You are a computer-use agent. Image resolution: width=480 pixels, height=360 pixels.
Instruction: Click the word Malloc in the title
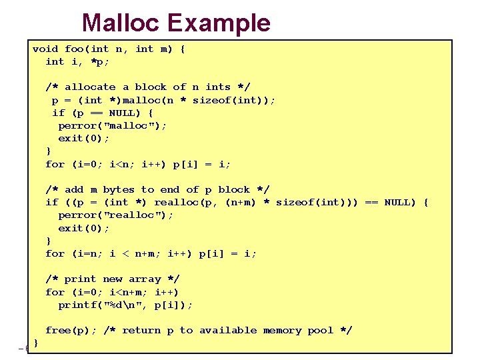tap(121, 23)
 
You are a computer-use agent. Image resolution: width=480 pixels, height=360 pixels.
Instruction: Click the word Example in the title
tap(219, 23)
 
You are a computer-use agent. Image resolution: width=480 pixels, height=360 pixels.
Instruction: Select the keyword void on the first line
tap(45, 49)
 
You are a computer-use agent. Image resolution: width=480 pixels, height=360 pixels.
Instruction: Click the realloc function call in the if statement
tap(177, 202)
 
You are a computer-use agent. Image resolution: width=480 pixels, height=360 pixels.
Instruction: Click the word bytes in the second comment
tap(119, 190)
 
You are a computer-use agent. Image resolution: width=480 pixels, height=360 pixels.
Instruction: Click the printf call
tap(77, 305)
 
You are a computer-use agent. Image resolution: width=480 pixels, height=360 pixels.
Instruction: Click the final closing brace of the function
tap(35, 343)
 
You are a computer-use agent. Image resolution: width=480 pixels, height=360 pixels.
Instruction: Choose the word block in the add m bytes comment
tap(234, 190)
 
